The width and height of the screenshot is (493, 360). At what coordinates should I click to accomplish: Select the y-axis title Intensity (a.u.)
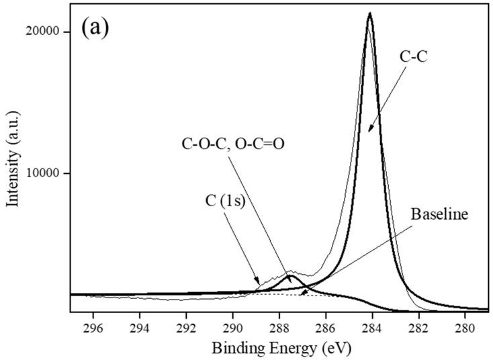(x=11, y=167)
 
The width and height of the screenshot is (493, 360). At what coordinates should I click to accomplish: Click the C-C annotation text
(x=414, y=58)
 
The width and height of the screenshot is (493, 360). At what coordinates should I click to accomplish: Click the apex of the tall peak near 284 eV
(x=369, y=13)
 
